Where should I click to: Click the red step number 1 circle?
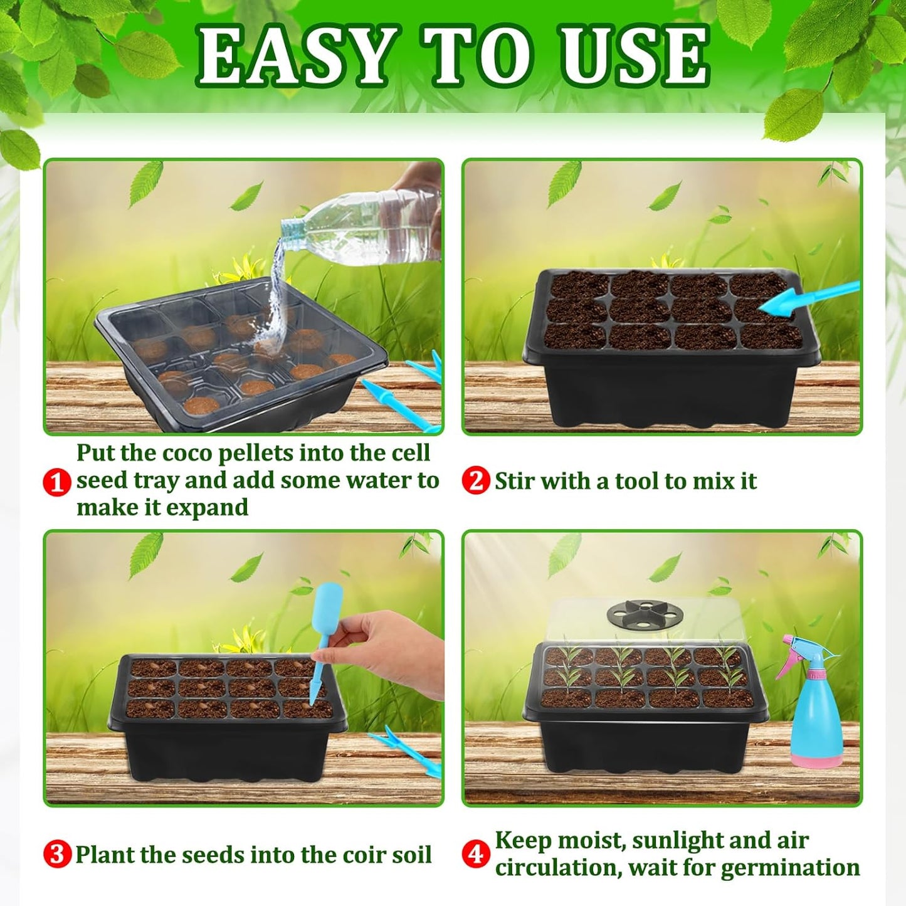pos(57,482)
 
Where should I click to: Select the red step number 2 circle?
pos(476,481)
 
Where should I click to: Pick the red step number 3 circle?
pos(57,854)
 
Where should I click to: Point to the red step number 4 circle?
pos(476,854)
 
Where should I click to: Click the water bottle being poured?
pos(364,229)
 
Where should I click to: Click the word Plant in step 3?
pos(104,855)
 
